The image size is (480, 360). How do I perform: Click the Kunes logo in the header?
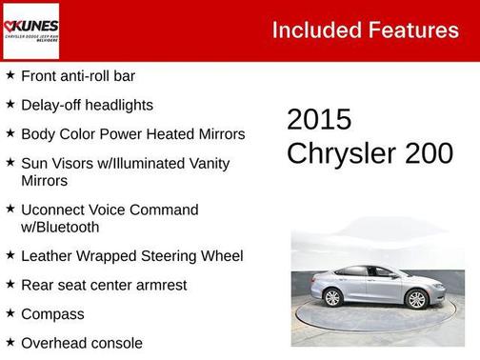point(30,30)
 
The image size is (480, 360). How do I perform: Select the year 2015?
point(319,120)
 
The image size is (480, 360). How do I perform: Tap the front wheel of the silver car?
point(416,298)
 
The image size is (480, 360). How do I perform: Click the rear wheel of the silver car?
point(332,297)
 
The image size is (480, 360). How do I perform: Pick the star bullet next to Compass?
point(10,312)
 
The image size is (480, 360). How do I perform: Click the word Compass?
point(52,313)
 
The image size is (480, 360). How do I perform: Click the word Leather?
point(49,255)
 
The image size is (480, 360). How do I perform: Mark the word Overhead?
point(55,342)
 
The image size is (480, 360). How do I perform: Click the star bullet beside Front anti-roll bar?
point(10,74)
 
